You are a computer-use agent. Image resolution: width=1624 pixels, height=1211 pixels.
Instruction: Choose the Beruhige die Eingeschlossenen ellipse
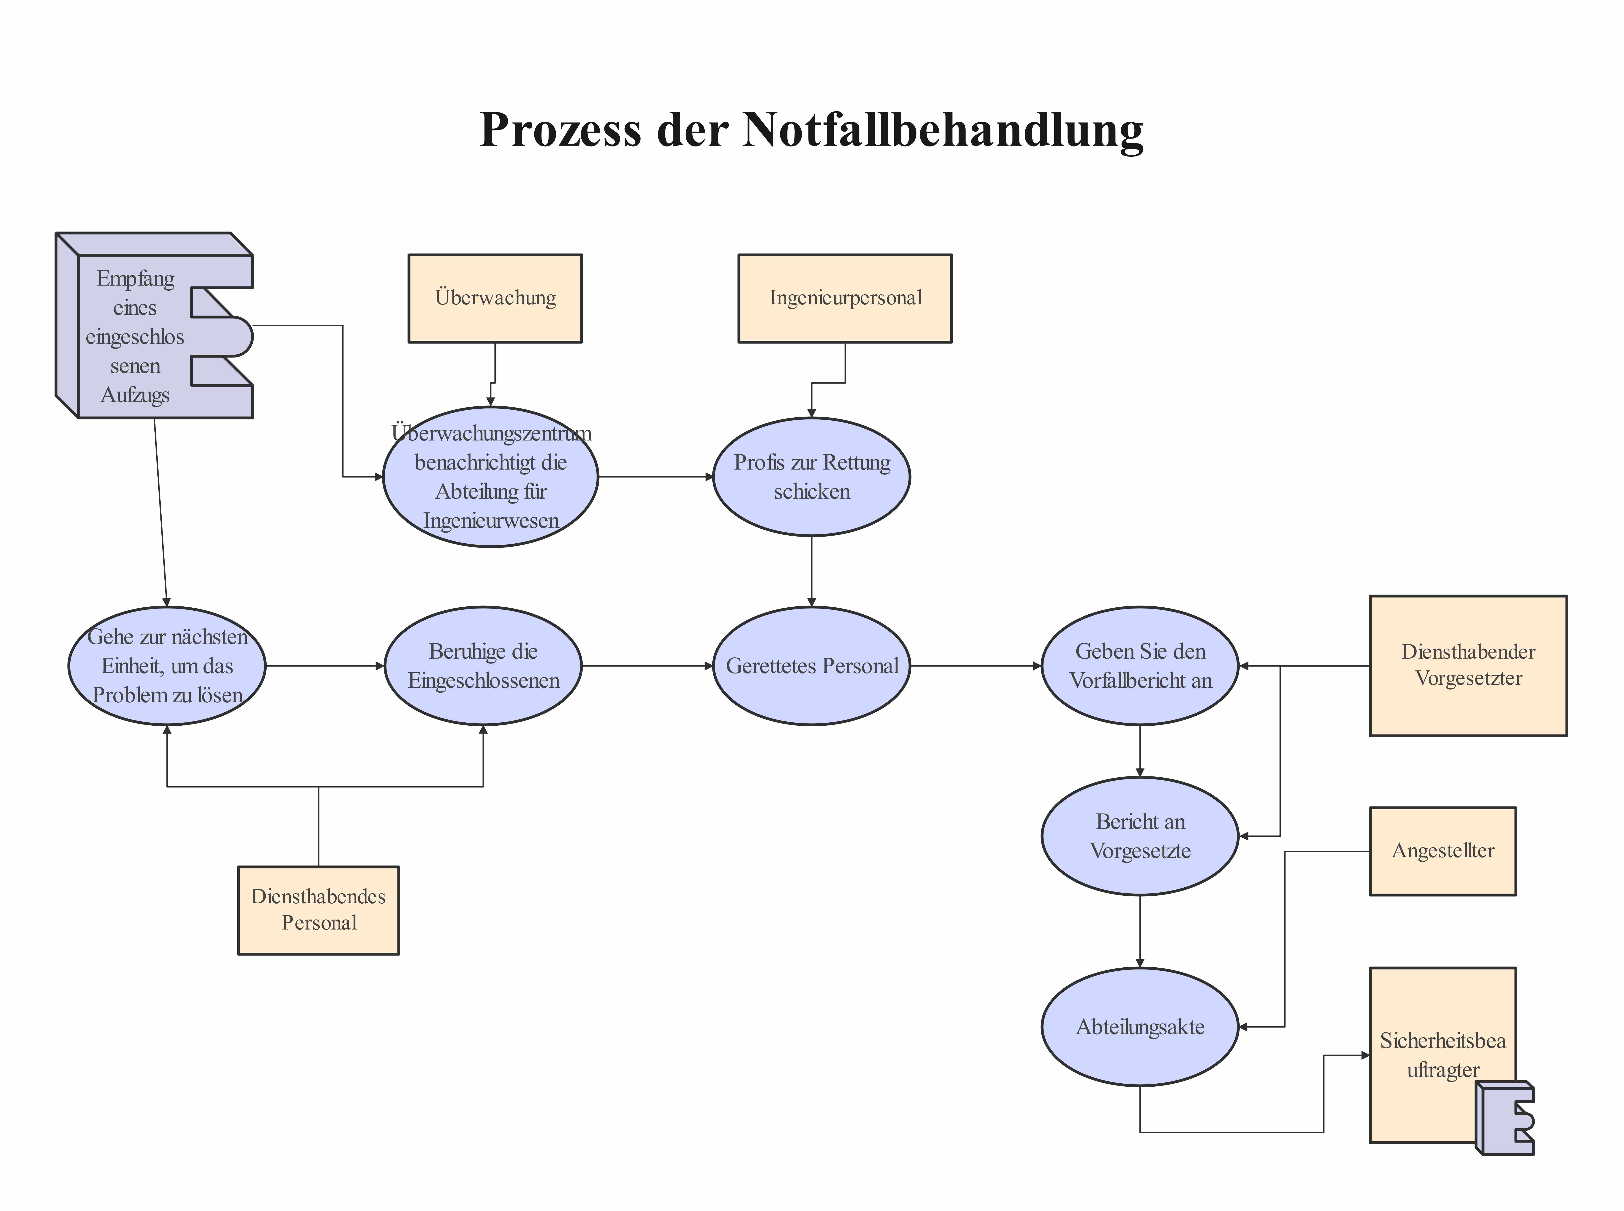tap(483, 666)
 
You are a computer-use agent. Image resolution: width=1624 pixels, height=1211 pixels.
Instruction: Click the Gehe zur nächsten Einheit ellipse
tap(167, 666)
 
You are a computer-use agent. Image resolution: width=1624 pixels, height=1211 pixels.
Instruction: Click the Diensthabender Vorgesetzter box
tap(1468, 666)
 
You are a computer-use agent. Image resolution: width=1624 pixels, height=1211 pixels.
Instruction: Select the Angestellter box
tap(1442, 851)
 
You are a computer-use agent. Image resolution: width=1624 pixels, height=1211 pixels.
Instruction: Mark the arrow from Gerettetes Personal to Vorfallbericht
tap(975, 666)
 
